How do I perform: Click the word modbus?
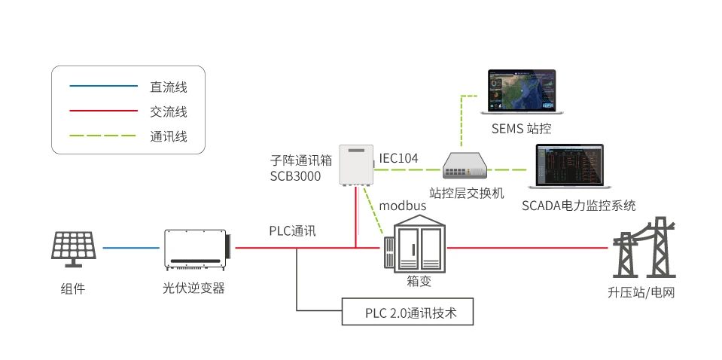[403, 205]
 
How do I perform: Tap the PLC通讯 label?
[293, 230]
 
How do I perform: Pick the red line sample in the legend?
[103, 112]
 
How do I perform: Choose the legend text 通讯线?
[168, 137]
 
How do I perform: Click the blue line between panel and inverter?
[133, 247]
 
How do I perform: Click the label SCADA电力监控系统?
[578, 205]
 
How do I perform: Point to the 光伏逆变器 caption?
[193, 288]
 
